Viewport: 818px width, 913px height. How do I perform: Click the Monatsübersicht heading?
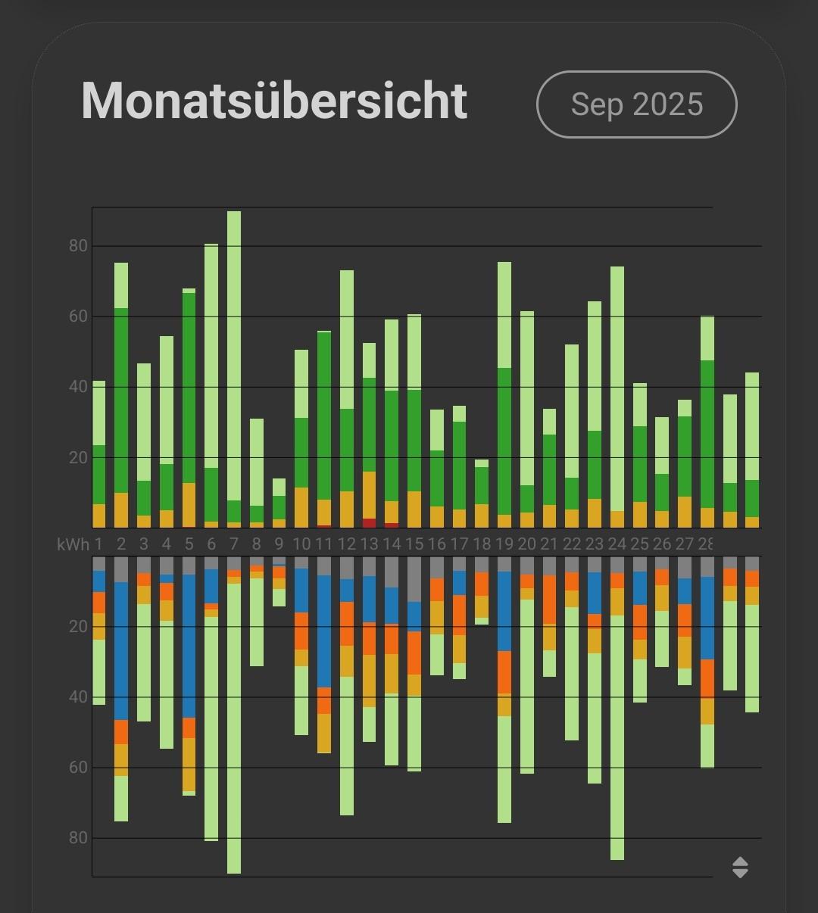pos(274,101)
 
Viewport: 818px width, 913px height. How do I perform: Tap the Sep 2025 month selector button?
pos(636,104)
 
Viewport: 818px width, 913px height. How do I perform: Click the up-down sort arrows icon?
pos(740,867)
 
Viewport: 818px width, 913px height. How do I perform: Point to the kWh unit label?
pos(73,544)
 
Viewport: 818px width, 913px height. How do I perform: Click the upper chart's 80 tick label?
pos(78,246)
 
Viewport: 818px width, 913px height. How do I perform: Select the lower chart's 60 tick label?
pos(78,768)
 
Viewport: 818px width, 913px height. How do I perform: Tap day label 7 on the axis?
pos(234,544)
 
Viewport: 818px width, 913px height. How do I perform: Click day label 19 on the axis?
pos(504,544)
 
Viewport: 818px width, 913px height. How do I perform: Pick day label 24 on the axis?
pos(617,544)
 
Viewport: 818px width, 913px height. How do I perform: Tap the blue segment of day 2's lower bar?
pos(121,651)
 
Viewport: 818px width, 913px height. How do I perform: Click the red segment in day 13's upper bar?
pos(369,523)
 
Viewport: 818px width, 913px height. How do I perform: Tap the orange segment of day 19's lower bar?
pos(504,672)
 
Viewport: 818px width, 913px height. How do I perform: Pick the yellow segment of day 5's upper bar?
pos(189,504)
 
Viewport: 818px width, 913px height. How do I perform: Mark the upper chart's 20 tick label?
pos(78,457)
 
